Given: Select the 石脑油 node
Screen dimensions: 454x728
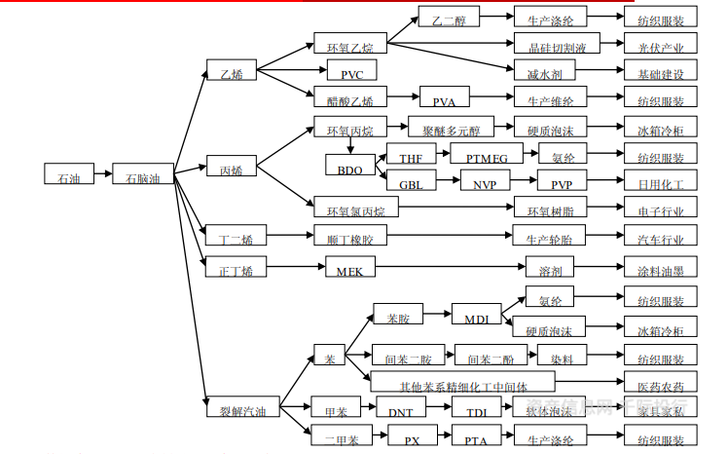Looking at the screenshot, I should (142, 175).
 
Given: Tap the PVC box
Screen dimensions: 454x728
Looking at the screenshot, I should (351, 71).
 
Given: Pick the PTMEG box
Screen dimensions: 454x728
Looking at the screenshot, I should (486, 154).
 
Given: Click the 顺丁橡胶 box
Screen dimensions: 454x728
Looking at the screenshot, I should (349, 236).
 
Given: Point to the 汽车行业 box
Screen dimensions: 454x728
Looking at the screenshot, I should (661, 236).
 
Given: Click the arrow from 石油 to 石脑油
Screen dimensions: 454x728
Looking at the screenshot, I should (102, 175).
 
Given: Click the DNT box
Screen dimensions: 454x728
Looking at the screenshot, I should (401, 410).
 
